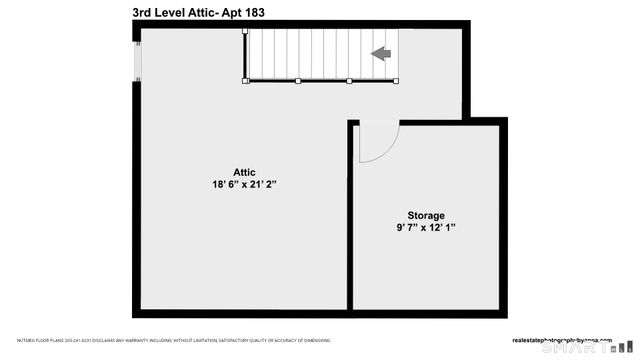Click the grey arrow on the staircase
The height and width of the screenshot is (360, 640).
tap(381, 54)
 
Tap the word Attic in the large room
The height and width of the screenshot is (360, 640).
tap(244, 172)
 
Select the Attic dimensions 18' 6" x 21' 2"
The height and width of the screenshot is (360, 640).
tap(244, 185)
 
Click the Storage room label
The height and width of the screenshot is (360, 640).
tap(425, 215)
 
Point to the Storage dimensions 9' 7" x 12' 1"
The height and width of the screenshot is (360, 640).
tap(425, 228)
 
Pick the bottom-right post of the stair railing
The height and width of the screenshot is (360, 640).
tap(397, 80)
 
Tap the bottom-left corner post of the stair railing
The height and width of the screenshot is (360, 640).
tap(244, 80)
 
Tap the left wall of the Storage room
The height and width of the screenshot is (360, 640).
tap(350, 220)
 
